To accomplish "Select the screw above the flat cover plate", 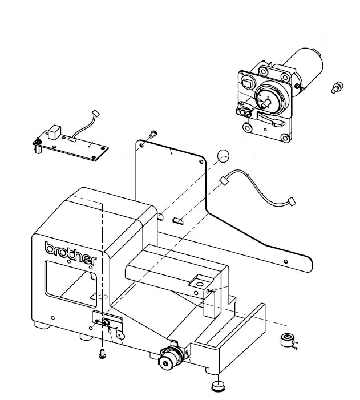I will click(x=153, y=134).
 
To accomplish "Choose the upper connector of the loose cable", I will click(x=224, y=181).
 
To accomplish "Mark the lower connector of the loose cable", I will click(x=292, y=201).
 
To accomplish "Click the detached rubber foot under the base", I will click(x=217, y=386).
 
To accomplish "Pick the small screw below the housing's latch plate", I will click(x=102, y=352).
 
